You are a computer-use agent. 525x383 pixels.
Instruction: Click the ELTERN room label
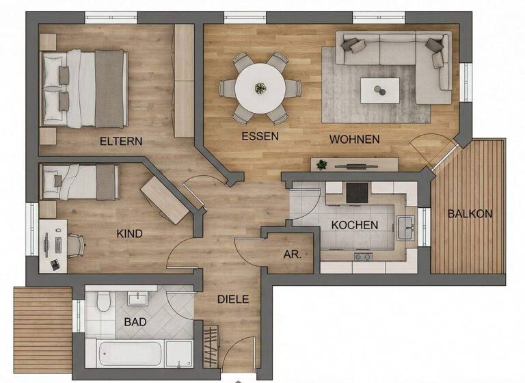[121, 142]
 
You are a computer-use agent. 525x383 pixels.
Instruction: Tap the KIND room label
[130, 234]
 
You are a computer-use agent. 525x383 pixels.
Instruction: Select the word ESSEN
[260, 136]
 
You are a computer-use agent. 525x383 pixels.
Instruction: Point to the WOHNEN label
[354, 139]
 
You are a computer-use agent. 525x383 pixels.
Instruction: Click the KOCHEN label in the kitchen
[354, 225]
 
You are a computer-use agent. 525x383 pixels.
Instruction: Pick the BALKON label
[470, 213]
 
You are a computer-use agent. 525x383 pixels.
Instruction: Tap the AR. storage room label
[293, 254]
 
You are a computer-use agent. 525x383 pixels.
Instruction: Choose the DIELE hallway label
[233, 299]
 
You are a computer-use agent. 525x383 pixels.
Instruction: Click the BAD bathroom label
[135, 321]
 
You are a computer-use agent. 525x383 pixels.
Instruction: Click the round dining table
[260, 88]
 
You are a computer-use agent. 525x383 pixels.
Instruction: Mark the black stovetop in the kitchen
[357, 193]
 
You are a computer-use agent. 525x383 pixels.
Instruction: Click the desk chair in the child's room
[74, 243]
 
